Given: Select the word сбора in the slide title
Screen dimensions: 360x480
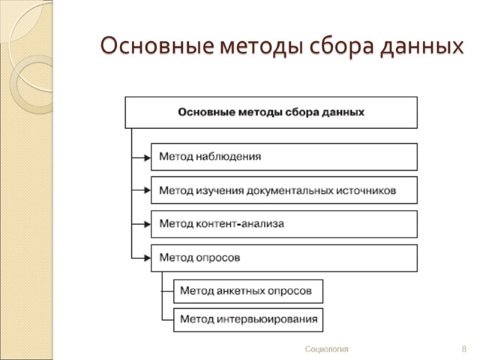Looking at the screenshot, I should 349,46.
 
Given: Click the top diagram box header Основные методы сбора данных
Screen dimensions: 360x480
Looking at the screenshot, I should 271,112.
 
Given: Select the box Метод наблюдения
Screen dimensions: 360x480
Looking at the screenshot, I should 284,157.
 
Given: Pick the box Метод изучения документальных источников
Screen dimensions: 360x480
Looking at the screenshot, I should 284,190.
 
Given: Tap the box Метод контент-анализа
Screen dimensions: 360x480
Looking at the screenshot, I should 284,224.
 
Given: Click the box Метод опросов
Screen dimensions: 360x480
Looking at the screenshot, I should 284,257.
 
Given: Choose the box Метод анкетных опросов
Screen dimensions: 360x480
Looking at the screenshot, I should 248,291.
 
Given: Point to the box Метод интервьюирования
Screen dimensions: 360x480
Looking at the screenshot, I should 248,319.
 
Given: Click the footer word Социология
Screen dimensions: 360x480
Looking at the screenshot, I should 326,349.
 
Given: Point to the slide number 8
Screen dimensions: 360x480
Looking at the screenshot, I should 464,349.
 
